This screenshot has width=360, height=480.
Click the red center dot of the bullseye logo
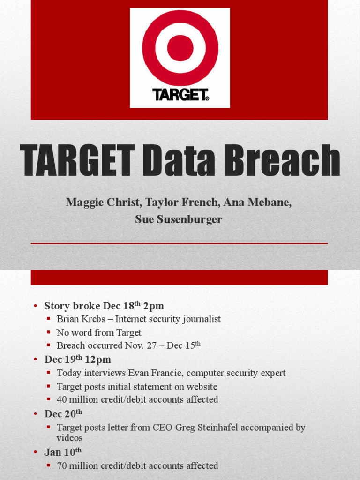pyautogui.click(x=180, y=48)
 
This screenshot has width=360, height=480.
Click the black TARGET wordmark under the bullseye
pyautogui.click(x=180, y=95)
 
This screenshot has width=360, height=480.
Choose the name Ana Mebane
pyautogui.click(x=256, y=202)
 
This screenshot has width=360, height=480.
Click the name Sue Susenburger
pyautogui.click(x=179, y=219)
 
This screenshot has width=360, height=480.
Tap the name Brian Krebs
pyautogui.click(x=81, y=319)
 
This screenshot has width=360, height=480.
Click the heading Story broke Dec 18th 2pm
pyautogui.click(x=104, y=306)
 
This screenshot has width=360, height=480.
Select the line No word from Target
pyautogui.click(x=99, y=333)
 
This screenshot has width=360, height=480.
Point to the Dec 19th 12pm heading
pyautogui.click(x=77, y=360)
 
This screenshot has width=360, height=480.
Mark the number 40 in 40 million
pyautogui.click(x=62, y=400)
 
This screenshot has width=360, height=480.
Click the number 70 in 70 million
pyautogui.click(x=62, y=466)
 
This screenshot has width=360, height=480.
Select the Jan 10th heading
pyautogui.click(x=63, y=452)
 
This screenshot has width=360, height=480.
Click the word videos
pyautogui.click(x=69, y=438)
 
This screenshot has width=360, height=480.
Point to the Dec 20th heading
pyautogui.click(x=63, y=414)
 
